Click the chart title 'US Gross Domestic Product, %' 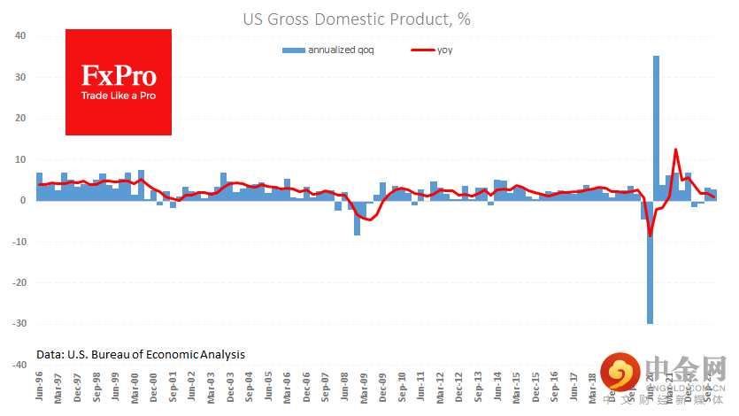(369, 18)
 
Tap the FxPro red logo (119, 81)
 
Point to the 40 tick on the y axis (19, 36)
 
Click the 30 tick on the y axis (19, 78)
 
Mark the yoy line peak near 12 (675, 150)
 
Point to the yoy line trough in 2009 (369, 220)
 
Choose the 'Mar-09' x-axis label (363, 386)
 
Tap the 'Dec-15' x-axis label (535, 386)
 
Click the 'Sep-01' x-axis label (173, 386)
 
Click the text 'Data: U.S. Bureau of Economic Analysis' (141, 354)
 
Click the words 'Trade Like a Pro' (118, 95)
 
